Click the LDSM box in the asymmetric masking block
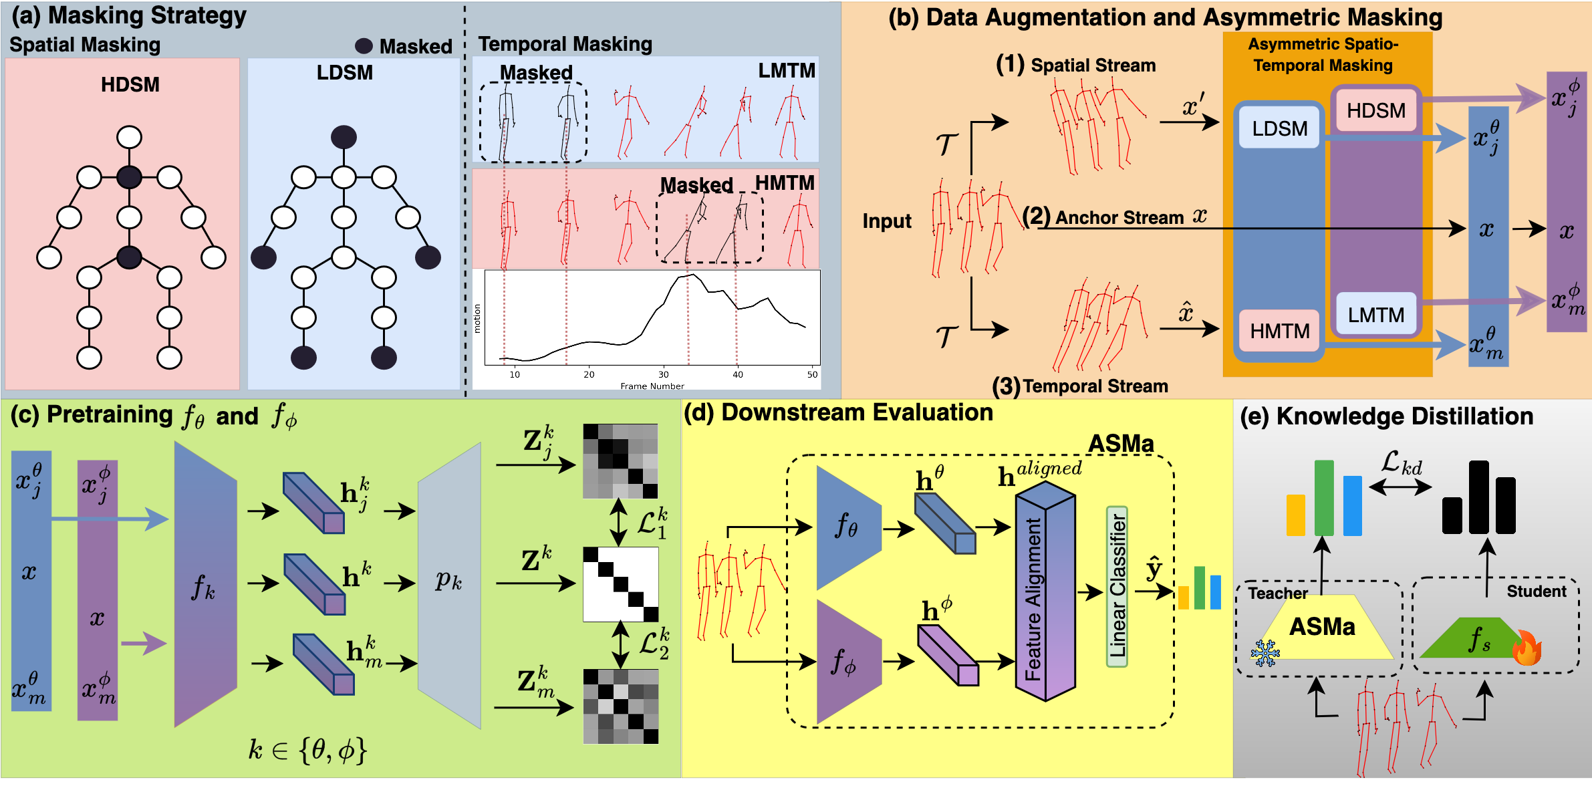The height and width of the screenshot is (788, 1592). (1279, 128)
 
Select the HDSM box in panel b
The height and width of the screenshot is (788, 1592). (1376, 110)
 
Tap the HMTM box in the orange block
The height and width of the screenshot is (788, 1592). (1279, 331)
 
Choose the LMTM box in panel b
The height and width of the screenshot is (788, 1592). (1376, 314)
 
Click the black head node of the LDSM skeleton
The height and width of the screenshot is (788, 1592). (344, 137)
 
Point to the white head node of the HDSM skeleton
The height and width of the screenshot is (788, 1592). (129, 137)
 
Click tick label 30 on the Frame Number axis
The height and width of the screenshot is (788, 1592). (663, 374)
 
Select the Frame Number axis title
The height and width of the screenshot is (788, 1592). (652, 386)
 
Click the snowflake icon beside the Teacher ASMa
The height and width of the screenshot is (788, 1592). (1265, 653)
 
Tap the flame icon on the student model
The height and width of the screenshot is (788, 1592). (1527, 647)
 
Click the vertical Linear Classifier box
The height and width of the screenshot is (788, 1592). (1117, 586)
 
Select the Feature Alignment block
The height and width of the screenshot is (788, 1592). (1044, 592)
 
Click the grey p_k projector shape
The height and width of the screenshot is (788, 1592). (449, 585)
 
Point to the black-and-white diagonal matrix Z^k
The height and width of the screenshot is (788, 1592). (621, 584)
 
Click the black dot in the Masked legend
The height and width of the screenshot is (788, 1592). (364, 45)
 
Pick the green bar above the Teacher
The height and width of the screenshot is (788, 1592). (1323, 497)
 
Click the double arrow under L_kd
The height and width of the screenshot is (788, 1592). (1400, 487)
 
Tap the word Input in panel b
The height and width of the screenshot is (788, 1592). (886, 221)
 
